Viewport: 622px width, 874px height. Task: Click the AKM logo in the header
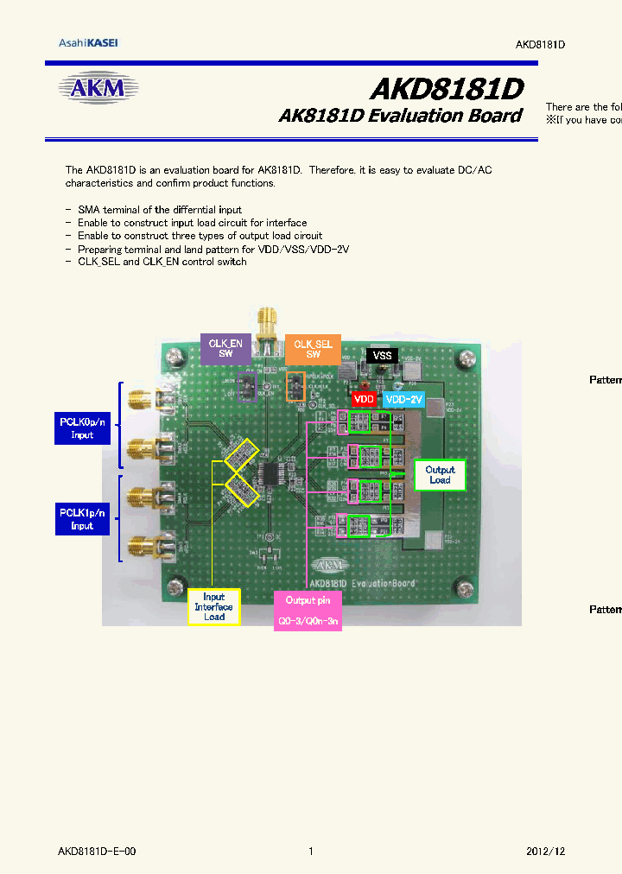tap(98, 88)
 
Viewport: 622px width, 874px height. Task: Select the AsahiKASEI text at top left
tap(88, 43)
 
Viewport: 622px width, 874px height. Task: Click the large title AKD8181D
tap(446, 89)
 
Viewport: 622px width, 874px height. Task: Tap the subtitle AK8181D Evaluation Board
tap(400, 116)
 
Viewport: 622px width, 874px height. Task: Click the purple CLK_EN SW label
tap(225, 348)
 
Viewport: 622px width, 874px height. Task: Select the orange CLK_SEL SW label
tap(314, 348)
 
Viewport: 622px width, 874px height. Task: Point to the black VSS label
tap(382, 355)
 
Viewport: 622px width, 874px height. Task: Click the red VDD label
tap(365, 400)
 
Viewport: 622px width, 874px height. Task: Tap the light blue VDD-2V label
tap(404, 400)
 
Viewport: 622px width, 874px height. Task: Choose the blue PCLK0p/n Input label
tap(82, 428)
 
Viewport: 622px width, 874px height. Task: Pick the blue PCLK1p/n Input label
tap(82, 519)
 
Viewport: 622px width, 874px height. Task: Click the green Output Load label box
tap(440, 474)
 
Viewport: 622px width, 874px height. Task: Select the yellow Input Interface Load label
tap(213, 606)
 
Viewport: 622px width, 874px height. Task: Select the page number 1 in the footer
tap(311, 852)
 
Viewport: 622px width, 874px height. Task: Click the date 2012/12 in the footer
tap(545, 852)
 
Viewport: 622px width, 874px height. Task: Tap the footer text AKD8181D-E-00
tap(97, 852)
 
